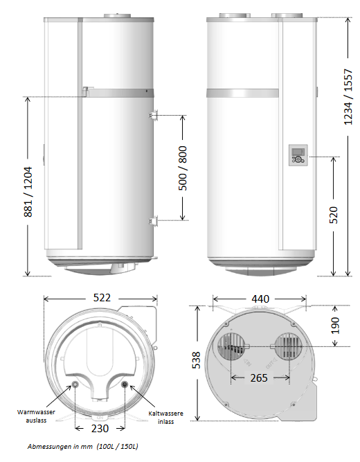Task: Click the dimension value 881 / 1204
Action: (28, 186)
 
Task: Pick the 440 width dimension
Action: (260, 299)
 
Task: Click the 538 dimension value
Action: (197, 361)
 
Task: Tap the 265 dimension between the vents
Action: (260, 378)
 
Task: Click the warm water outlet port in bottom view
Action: (75, 384)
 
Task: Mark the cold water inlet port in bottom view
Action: (125, 384)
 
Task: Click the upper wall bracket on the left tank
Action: (152, 116)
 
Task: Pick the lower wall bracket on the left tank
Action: (152, 220)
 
